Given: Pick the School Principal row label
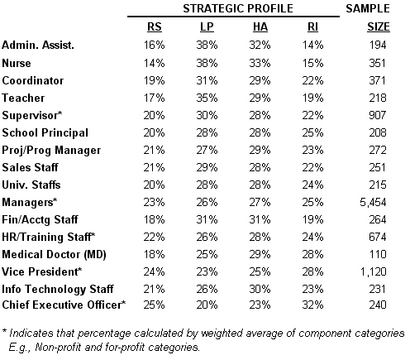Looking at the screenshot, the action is click(x=46, y=132).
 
